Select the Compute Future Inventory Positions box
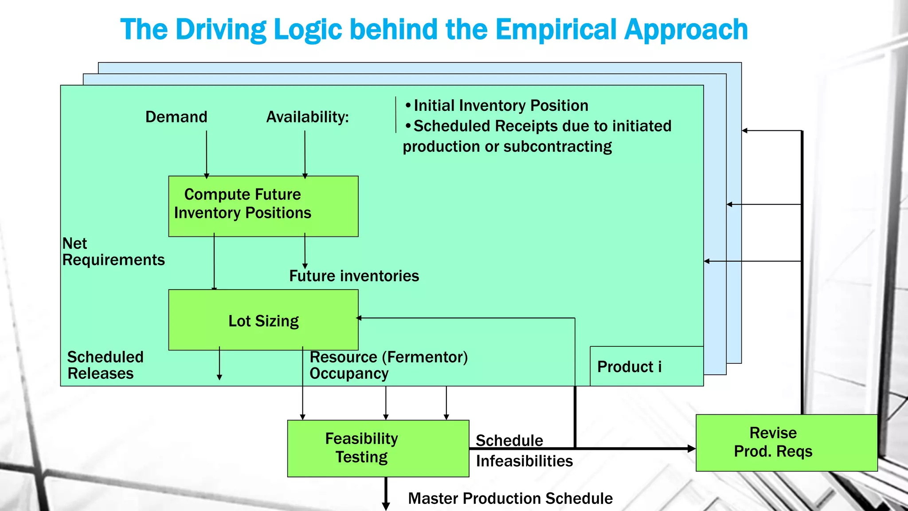pos(263,206)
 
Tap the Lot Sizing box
pos(263,320)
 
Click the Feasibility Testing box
pos(378,448)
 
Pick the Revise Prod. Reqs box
pos(786,442)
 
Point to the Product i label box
pos(646,366)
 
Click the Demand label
pos(176,117)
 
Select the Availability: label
pos(307,117)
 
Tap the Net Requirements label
pos(113,252)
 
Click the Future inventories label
pos(354,276)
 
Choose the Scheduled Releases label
pos(105,365)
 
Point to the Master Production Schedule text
pos(510,498)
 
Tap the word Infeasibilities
pos(524,461)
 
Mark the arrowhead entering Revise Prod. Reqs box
pos(691,448)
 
